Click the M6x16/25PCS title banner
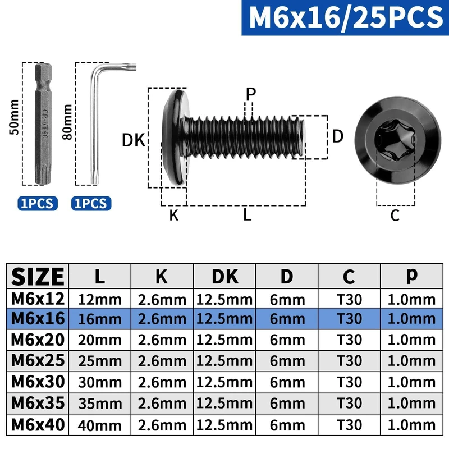[x=345, y=17]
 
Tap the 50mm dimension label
[x=14, y=117]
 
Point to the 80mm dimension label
[x=67, y=122]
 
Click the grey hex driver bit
[x=43, y=123]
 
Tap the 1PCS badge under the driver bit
[x=38, y=203]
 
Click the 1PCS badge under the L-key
[x=91, y=203]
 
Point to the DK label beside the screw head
[x=134, y=140]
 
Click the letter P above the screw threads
[x=251, y=93]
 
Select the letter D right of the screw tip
[x=338, y=136]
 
